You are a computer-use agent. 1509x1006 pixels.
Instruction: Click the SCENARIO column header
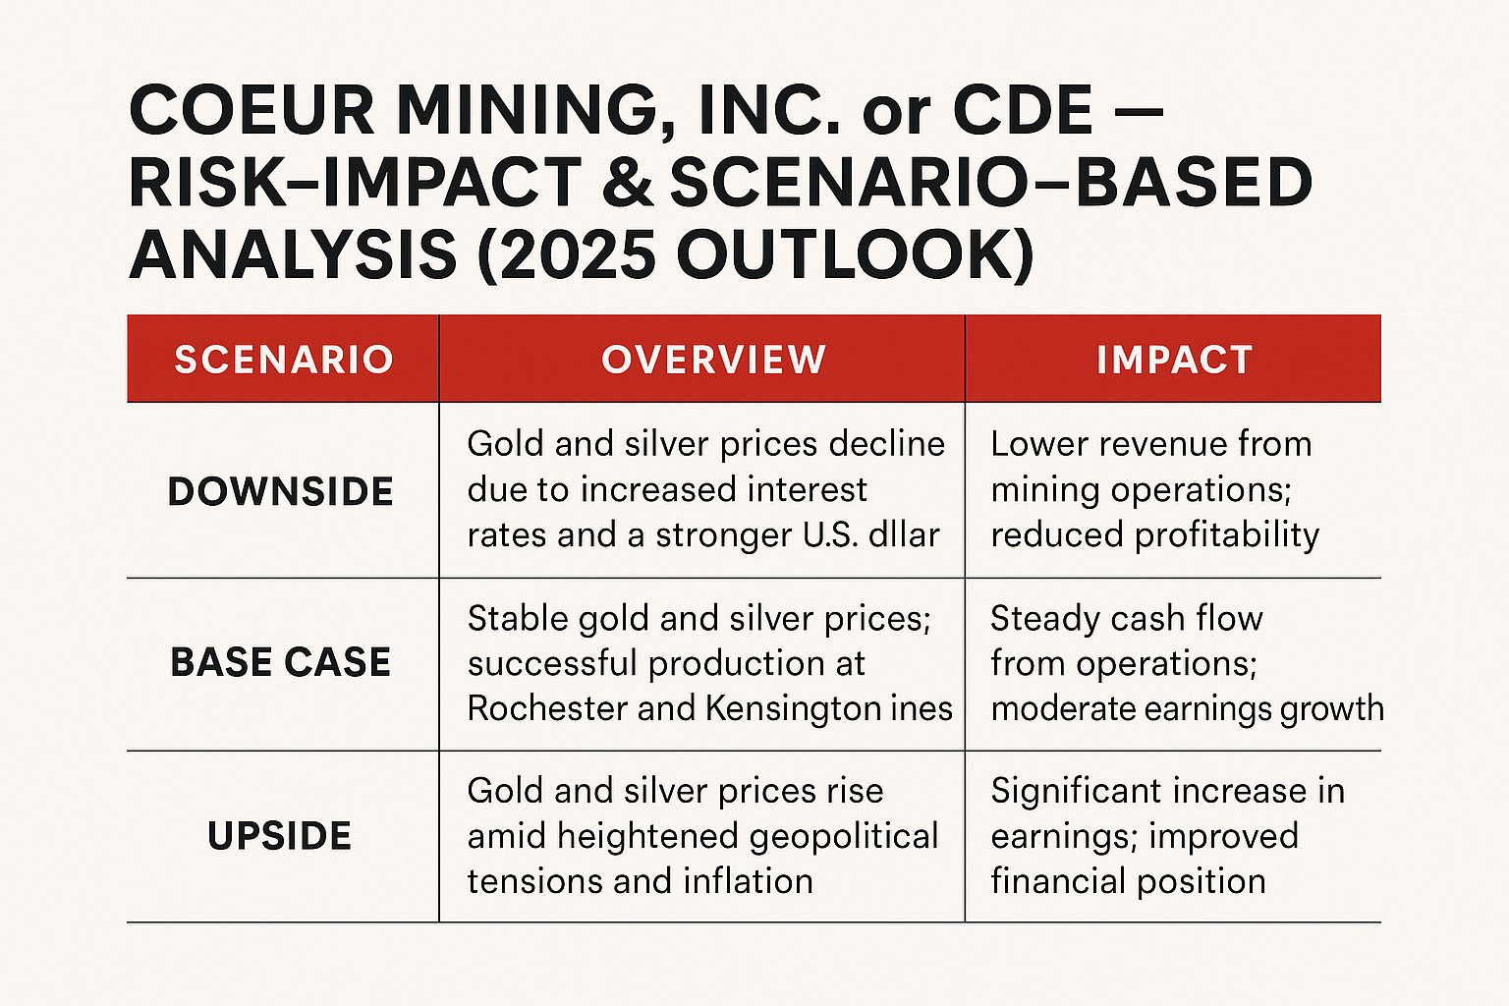click(x=284, y=360)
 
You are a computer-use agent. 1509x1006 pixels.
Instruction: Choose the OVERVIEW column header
click(x=714, y=360)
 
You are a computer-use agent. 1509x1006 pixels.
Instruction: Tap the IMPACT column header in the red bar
click(x=1174, y=360)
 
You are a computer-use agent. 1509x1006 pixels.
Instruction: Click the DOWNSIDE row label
click(x=281, y=491)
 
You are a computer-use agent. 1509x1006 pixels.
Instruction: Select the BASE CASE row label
click(x=281, y=663)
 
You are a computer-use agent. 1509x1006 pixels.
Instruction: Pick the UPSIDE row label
click(x=280, y=836)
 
